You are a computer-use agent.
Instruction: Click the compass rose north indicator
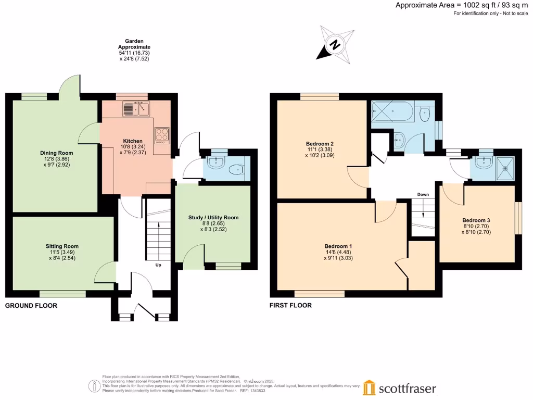[x=336, y=44]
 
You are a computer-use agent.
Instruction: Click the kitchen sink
[x=136, y=109]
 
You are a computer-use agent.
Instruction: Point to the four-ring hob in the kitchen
[x=161, y=135]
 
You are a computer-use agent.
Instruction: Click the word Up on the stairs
[x=159, y=265]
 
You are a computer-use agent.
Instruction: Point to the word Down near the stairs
[x=423, y=194]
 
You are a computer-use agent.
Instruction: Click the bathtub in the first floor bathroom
[x=392, y=111]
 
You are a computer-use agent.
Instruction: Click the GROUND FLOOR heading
[x=31, y=306]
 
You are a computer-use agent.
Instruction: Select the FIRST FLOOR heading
[x=290, y=306]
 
